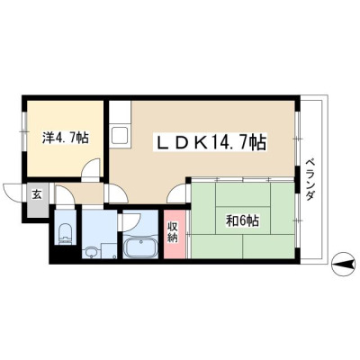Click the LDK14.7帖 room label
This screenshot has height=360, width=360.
click(210, 142)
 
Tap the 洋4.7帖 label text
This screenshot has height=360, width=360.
click(65, 138)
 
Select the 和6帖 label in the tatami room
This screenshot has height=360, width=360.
click(243, 221)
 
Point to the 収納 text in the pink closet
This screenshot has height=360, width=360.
click(173, 232)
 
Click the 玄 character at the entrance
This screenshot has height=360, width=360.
click(37, 195)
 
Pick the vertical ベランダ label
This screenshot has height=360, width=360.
click(310, 179)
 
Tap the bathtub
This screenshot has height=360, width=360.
click(140, 247)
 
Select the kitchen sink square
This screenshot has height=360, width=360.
click(120, 136)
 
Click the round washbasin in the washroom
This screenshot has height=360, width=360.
click(91, 251)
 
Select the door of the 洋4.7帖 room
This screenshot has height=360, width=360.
click(92, 168)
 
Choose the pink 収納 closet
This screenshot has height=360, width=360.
click(175, 234)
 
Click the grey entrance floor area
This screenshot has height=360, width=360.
click(38, 200)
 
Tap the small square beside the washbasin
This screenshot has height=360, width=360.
click(109, 250)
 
